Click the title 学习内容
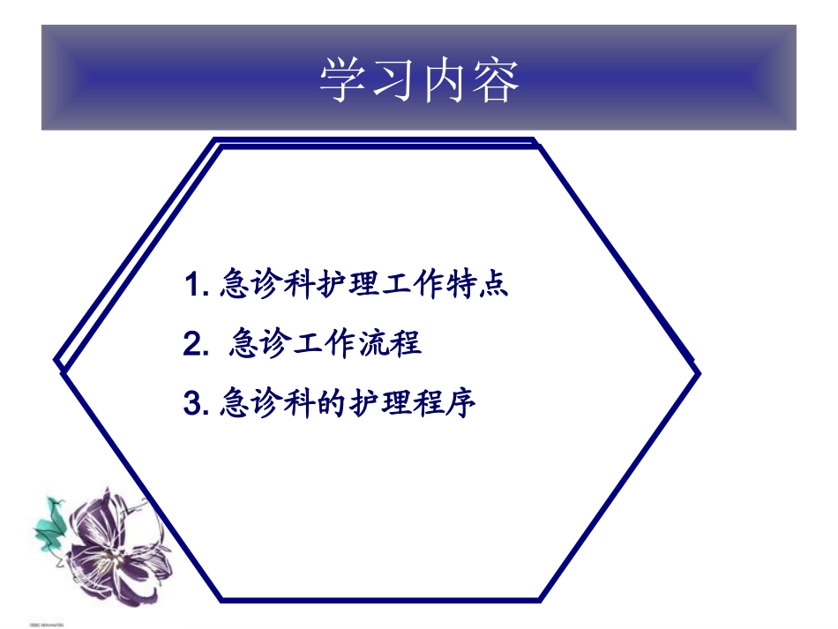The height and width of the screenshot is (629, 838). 419,80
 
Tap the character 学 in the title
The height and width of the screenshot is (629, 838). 342,80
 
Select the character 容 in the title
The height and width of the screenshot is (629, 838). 496,80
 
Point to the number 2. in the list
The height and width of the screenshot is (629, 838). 195,344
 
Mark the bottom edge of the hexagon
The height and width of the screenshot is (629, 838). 379,600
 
